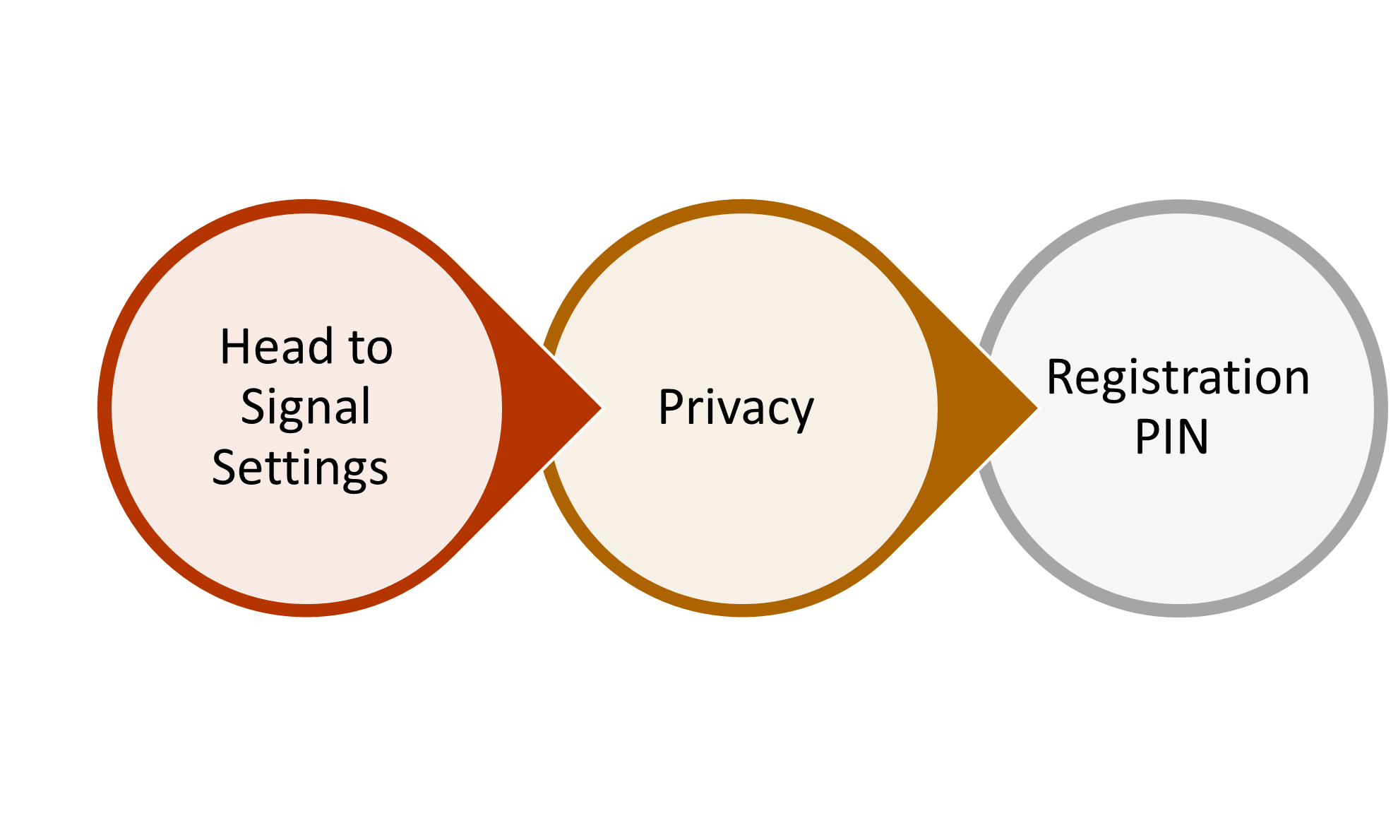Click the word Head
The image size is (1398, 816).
(276, 347)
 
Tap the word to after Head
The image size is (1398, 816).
(371, 348)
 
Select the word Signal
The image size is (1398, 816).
(305, 407)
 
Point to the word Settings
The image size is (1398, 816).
(300, 468)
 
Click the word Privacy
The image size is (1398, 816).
(736, 408)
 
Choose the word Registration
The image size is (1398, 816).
(1177, 377)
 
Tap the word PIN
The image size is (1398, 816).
(1171, 437)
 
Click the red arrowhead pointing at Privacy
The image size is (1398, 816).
(558, 408)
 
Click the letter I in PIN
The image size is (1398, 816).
(1165, 437)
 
